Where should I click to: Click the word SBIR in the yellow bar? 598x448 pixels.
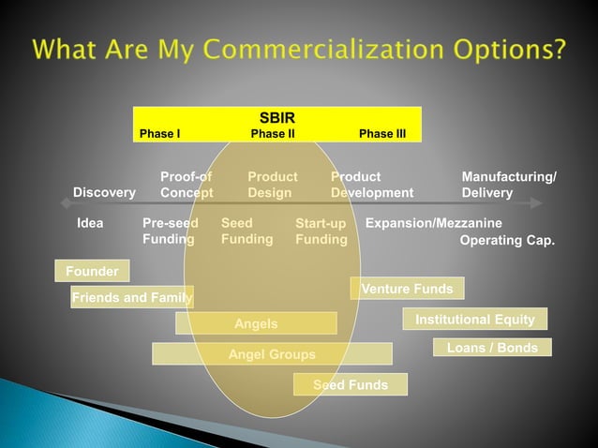click(x=277, y=118)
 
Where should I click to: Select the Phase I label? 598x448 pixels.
click(x=160, y=134)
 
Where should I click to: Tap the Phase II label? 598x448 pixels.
click(x=274, y=134)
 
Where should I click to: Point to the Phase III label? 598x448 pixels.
click(x=382, y=134)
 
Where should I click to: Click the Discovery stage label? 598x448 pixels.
click(x=104, y=193)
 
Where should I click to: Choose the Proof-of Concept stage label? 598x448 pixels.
click(x=187, y=185)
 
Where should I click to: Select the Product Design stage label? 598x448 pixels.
click(x=272, y=185)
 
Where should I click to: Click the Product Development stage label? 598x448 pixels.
click(x=371, y=185)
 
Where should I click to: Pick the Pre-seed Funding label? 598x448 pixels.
click(x=170, y=231)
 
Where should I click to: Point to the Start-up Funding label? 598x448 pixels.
click(x=321, y=232)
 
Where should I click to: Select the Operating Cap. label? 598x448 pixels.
click(x=507, y=241)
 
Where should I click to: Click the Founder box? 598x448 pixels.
click(x=92, y=272)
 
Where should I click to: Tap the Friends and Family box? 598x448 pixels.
click(x=131, y=298)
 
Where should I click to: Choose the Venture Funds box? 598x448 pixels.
click(x=407, y=289)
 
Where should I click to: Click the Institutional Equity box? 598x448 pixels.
click(x=475, y=320)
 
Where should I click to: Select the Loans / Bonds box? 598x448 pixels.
click(x=492, y=348)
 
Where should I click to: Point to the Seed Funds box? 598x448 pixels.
click(x=351, y=384)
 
